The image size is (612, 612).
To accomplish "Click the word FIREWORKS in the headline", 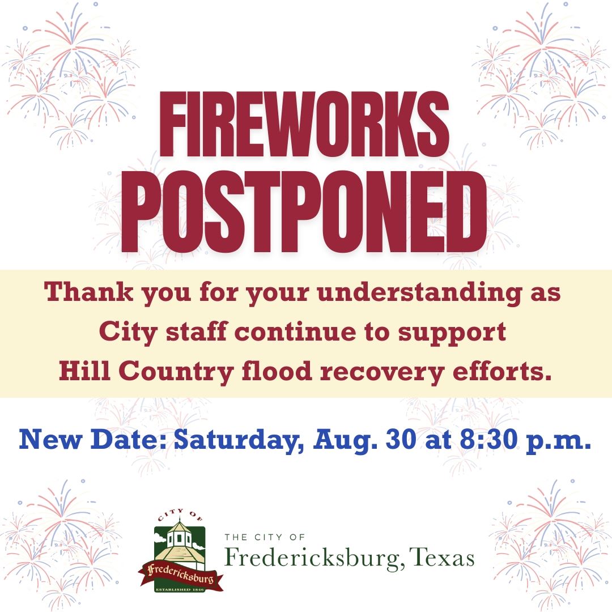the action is coord(304,124).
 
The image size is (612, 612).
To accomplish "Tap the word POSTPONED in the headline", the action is coord(304,211).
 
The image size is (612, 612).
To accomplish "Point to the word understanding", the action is coord(419,294).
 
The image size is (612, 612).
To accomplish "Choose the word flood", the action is coord(277,371).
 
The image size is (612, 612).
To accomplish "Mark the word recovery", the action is coord(382,372).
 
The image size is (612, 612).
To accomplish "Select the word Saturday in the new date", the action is coord(239,440).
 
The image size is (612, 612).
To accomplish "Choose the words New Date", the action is coord(93,439).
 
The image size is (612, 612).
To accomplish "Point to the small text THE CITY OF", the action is coord(265,537).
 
